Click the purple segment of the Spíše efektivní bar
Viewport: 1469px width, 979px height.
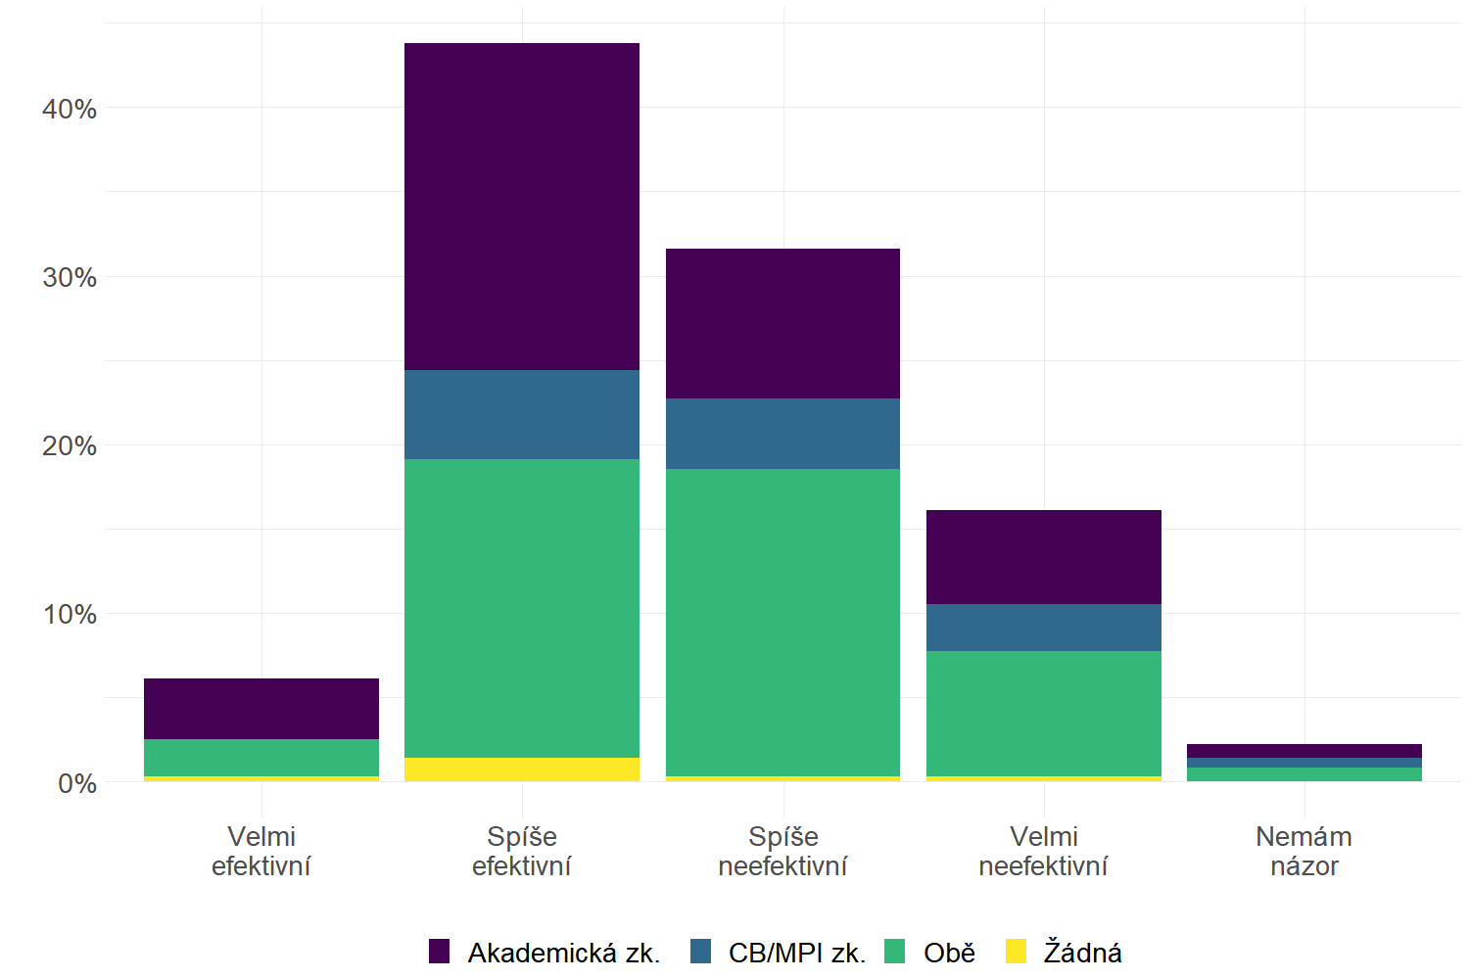[522, 207]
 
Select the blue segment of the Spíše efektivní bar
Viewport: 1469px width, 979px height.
[522, 414]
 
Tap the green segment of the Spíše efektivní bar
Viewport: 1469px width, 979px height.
[522, 608]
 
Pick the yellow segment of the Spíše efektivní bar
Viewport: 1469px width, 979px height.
[522, 769]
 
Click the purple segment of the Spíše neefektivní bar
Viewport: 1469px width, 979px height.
[782, 323]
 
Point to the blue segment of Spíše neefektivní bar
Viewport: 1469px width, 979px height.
[782, 434]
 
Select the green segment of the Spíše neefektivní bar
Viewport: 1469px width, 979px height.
[782, 623]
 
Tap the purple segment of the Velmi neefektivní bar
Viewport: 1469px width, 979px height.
[1044, 557]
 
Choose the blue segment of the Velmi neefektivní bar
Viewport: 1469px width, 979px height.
[1044, 628]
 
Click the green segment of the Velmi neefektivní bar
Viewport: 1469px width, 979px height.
[1044, 714]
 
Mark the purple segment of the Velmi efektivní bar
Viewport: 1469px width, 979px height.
[261, 709]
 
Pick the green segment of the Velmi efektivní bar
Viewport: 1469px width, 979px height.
[261, 758]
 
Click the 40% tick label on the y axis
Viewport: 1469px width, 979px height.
[70, 109]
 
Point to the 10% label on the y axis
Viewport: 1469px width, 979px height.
[70, 615]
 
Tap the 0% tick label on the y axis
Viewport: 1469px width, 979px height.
[77, 783]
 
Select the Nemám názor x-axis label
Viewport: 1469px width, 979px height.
[1304, 851]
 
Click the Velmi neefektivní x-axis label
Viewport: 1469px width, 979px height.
[1044, 851]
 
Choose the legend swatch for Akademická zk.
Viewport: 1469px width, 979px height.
[440, 952]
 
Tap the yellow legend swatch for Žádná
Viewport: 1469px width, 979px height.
[1017, 952]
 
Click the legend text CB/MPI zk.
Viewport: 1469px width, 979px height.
[797, 953]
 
